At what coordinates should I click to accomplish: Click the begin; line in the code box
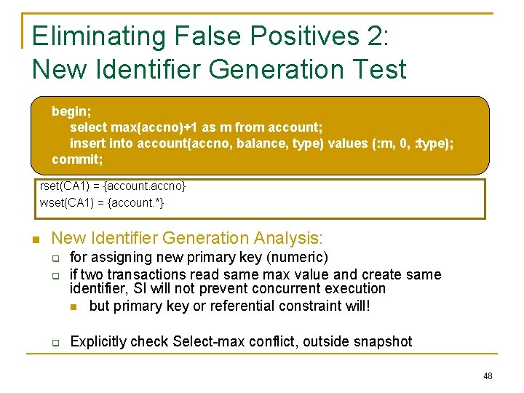click(x=71, y=111)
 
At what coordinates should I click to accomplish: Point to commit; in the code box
click(x=77, y=159)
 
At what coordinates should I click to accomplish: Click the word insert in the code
click(x=87, y=143)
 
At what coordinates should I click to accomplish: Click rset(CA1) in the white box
click(x=66, y=186)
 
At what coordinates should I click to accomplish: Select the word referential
click(x=247, y=306)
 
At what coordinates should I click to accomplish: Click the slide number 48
click(x=487, y=376)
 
